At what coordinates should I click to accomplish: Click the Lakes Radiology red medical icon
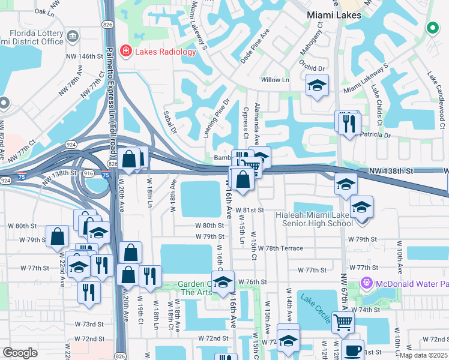(x=125, y=51)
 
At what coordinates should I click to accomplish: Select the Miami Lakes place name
(x=334, y=15)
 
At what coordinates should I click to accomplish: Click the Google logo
(x=20, y=353)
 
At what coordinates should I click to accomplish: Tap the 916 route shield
(x=88, y=173)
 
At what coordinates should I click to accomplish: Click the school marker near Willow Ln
(x=317, y=86)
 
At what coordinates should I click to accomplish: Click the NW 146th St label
(x=86, y=56)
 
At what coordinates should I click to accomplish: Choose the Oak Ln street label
(x=45, y=11)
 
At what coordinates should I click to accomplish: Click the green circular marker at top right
(x=432, y=28)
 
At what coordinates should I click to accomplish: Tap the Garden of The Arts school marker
(x=223, y=283)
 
